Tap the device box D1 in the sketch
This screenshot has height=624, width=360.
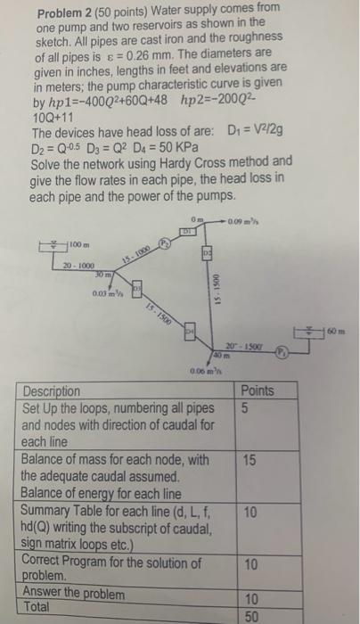(x=187, y=230)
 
